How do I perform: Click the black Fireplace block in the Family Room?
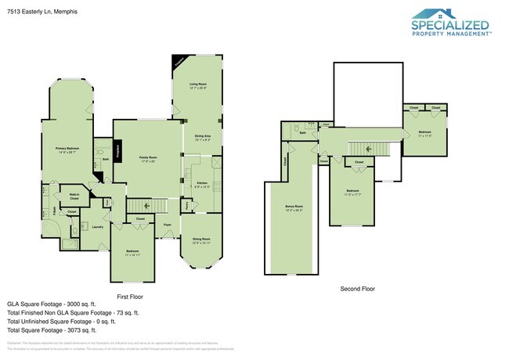pos(118,149)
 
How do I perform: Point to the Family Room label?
pos(148,159)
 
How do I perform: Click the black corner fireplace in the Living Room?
pos(179,62)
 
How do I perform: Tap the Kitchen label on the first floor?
pos(201,184)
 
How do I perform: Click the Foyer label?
pos(168,225)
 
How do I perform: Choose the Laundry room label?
pos(98,227)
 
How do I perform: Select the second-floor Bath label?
pos(302,133)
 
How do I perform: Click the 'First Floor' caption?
pos(129,297)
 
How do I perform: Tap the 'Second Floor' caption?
pos(356,289)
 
